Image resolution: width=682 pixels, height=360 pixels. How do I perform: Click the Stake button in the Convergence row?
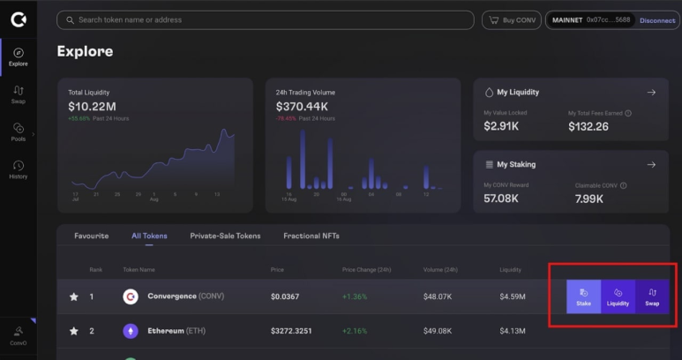click(x=583, y=296)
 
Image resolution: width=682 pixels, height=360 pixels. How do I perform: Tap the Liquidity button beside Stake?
click(x=618, y=296)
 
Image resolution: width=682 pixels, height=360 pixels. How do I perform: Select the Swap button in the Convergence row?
click(x=652, y=296)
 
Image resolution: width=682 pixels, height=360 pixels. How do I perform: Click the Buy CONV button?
click(x=511, y=20)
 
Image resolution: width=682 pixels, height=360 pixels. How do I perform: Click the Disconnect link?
click(x=656, y=20)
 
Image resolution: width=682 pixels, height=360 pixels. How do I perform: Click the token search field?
click(x=265, y=19)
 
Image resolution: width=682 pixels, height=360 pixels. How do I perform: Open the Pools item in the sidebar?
click(x=19, y=132)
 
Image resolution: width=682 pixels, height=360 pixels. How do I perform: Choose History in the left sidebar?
click(x=19, y=169)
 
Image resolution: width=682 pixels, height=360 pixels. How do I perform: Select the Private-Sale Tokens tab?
click(x=225, y=236)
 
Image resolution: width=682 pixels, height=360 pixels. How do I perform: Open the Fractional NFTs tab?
click(x=311, y=236)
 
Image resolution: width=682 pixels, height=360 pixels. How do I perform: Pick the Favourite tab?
click(x=92, y=236)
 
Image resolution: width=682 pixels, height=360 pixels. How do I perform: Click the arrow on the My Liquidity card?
click(x=651, y=92)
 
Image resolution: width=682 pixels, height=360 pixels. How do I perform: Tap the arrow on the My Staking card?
click(x=651, y=164)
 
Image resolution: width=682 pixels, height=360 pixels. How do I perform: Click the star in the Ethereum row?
click(x=74, y=332)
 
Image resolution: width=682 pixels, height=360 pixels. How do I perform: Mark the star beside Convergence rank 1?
click(x=74, y=296)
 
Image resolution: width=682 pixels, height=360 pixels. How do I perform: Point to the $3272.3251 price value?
click(x=292, y=332)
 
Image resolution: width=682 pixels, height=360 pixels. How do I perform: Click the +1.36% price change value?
click(x=355, y=296)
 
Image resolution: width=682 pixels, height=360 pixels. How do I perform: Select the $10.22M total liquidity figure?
click(x=92, y=106)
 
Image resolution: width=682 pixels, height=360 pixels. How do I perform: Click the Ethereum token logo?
click(x=131, y=332)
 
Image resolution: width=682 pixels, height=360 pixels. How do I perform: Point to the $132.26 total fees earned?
click(x=588, y=127)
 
